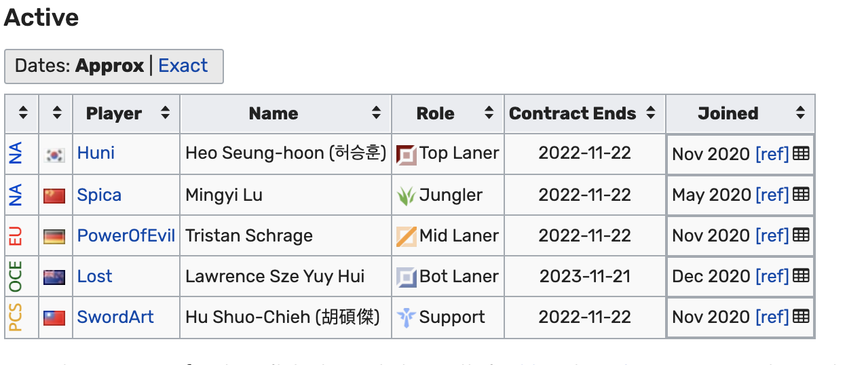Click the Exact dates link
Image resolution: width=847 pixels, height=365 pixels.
183,66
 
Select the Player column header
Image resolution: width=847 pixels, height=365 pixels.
114,113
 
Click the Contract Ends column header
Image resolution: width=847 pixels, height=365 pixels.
573,113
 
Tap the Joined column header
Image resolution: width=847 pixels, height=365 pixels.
728,113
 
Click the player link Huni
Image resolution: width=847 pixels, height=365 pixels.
96,153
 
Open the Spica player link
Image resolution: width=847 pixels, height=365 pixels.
99,195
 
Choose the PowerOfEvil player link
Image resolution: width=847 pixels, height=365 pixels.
126,236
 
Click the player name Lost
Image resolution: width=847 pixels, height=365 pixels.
94,277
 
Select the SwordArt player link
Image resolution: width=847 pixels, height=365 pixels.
115,318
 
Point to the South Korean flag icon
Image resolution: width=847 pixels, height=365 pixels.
55,155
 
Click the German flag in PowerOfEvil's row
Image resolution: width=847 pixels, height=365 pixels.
55,237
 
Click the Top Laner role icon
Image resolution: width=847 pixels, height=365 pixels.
406,154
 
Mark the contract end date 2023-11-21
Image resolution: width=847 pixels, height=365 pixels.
585,277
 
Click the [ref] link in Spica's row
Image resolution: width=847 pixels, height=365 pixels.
772,195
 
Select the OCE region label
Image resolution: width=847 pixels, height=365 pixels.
16,277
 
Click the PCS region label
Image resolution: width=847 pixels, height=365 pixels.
16,318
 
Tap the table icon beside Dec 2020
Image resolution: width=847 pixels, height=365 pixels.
802,276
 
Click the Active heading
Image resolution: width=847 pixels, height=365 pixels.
41,18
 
